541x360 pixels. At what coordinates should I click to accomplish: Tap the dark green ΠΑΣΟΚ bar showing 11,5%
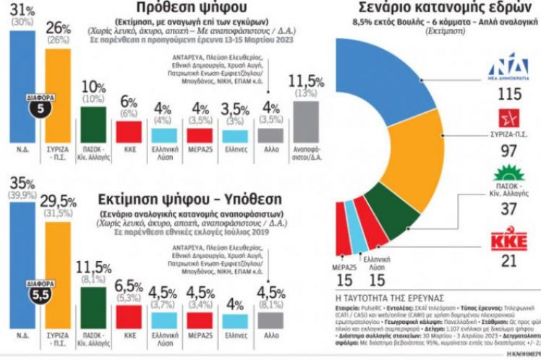click(94, 312)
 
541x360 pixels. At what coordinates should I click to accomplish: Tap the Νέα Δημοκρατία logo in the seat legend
click(518, 71)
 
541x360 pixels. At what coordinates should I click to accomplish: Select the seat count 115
click(518, 95)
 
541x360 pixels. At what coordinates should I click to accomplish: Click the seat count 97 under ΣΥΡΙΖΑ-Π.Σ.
click(518, 150)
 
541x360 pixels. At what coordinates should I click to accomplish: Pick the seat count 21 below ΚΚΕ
click(518, 260)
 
